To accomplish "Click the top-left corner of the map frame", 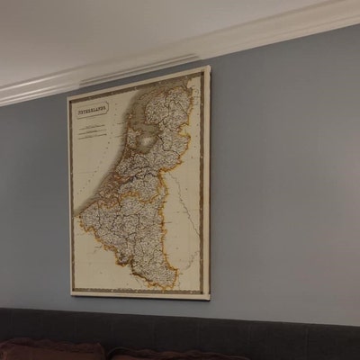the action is pos(68,97).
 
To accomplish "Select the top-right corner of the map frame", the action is pos(208,67).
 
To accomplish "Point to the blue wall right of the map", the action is pos(279,180).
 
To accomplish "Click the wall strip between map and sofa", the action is pos(135,303).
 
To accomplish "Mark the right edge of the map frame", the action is pos(208,180).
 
